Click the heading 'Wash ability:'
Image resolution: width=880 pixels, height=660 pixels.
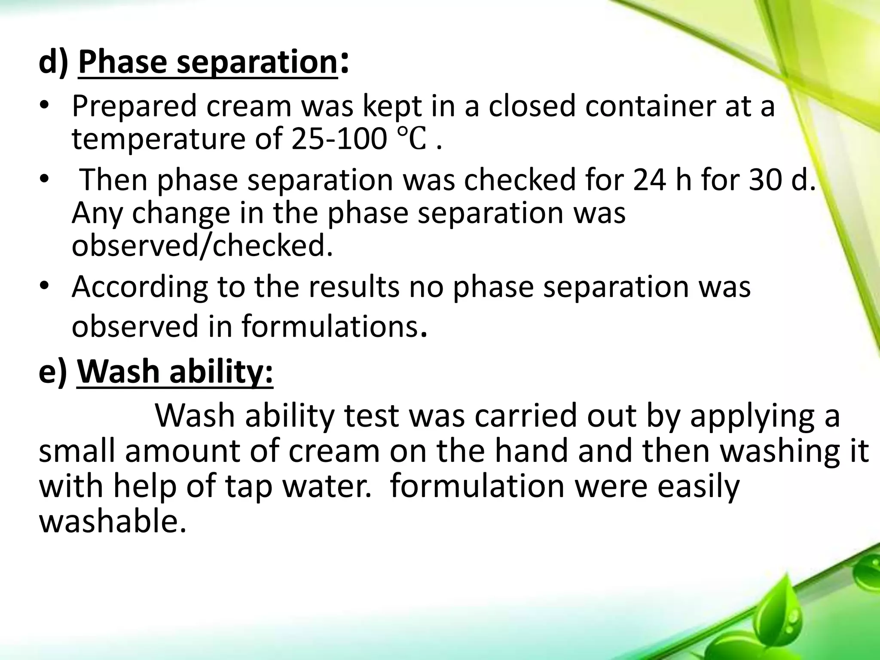coord(175,372)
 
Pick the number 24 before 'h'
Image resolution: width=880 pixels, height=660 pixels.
coord(649,180)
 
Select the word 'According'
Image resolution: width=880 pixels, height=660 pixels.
coord(140,287)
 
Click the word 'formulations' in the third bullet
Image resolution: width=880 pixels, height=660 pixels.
coord(329,326)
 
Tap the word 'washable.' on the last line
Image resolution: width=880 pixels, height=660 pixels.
coord(113,522)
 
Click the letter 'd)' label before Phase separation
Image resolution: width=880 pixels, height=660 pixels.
coord(53,63)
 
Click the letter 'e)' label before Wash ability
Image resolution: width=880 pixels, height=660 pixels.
coord(53,372)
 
